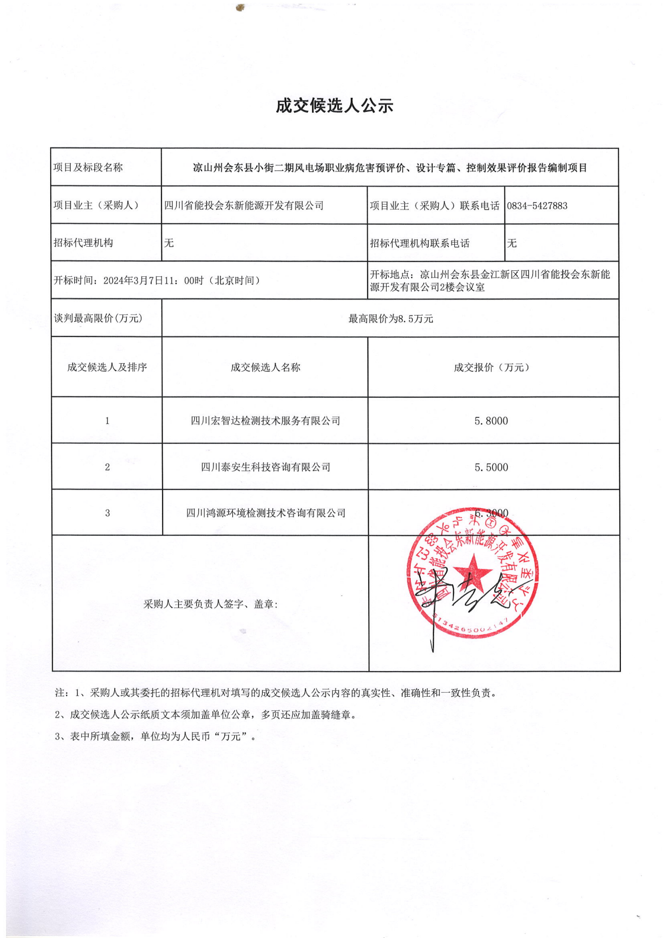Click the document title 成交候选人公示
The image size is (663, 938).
click(335, 106)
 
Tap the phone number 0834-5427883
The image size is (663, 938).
click(537, 206)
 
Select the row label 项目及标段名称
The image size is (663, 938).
click(88, 168)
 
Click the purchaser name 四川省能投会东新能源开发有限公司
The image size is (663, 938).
click(244, 206)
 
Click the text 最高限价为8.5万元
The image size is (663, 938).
click(391, 319)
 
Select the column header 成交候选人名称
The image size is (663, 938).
click(265, 367)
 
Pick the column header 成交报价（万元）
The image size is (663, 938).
click(491, 367)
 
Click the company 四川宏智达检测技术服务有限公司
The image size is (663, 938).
click(265, 421)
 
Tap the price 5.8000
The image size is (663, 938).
click(491, 421)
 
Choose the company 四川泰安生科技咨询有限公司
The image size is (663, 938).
click(265, 467)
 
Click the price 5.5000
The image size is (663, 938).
click(491, 467)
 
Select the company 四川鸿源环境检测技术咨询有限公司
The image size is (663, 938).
click(265, 513)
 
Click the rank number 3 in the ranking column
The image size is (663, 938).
click(107, 513)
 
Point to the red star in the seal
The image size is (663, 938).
click(473, 573)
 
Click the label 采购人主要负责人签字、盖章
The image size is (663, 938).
click(211, 604)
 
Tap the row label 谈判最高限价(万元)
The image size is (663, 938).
click(98, 318)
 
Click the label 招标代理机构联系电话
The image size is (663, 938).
click(420, 243)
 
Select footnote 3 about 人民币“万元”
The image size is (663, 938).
click(155, 736)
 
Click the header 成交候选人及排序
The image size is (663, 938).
click(107, 367)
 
